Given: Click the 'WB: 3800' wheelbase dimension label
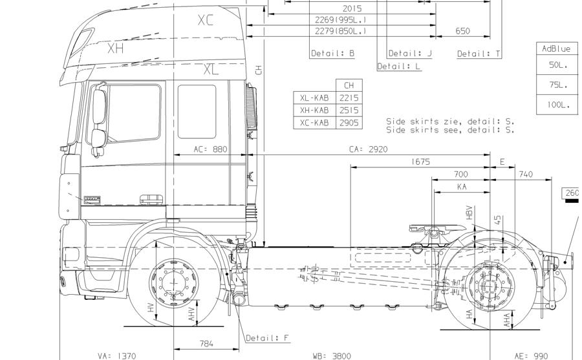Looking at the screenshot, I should [332, 355].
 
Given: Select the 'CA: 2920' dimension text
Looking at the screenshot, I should [369, 149].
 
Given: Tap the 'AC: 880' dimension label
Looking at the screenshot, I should [211, 149].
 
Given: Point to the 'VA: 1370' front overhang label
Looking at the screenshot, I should [117, 355].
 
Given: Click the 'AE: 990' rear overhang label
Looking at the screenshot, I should [531, 355].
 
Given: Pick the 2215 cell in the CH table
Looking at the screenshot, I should [349, 98].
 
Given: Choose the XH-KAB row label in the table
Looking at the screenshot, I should [314, 110].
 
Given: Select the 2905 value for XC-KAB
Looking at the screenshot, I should [349, 122].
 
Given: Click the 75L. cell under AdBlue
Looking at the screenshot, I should [558, 85].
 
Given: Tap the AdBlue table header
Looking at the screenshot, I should [556, 49].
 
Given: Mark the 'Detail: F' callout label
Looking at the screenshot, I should [268, 338].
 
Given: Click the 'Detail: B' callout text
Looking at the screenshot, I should [332, 54].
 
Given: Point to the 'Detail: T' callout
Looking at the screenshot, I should [479, 54].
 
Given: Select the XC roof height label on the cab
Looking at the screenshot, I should [205, 21].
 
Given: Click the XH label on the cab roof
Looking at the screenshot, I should [116, 48].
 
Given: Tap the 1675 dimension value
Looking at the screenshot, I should [420, 162].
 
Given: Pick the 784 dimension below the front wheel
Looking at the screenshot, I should [206, 343].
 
